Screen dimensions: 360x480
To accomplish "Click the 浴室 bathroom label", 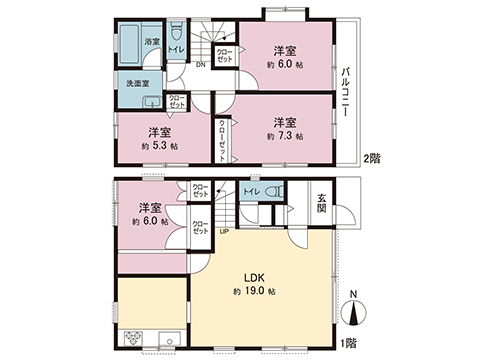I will [x=151, y=42].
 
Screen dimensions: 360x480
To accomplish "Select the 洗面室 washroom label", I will [x=138, y=84].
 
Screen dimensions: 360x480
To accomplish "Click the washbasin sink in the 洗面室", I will [x=154, y=102].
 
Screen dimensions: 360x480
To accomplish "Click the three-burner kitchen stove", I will [x=133, y=338].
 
